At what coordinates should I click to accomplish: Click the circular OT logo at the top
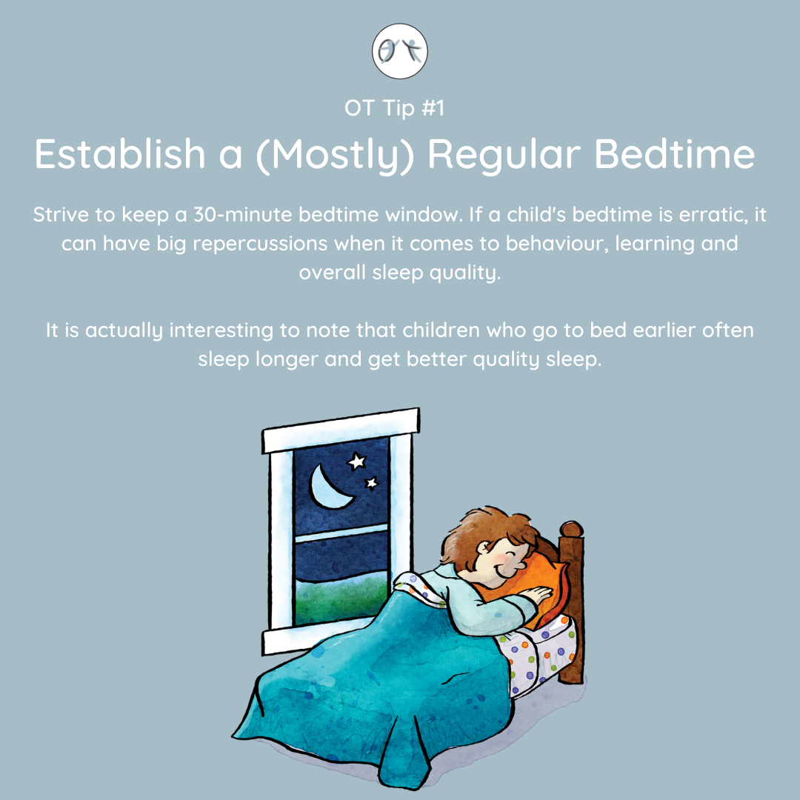399,51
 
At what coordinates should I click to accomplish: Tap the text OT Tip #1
394,108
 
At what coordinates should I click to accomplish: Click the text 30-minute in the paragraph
242,214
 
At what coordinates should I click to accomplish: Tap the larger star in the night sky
356,461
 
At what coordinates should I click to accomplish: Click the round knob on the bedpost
571,529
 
